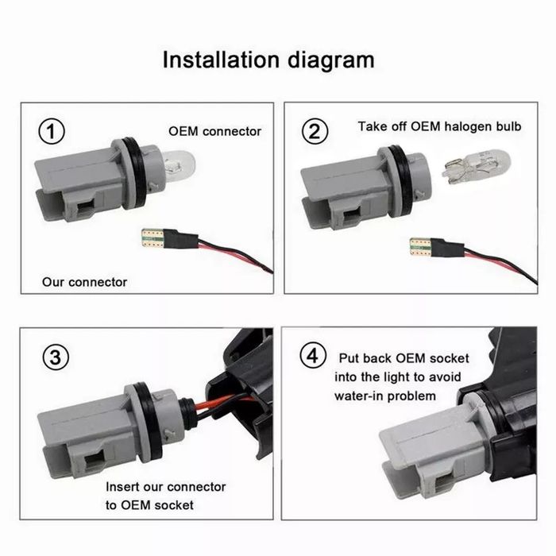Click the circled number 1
(x=52, y=132)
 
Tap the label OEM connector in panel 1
(x=214, y=131)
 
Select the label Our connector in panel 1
(x=84, y=281)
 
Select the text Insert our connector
(x=165, y=487)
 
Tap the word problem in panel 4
(x=414, y=396)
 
